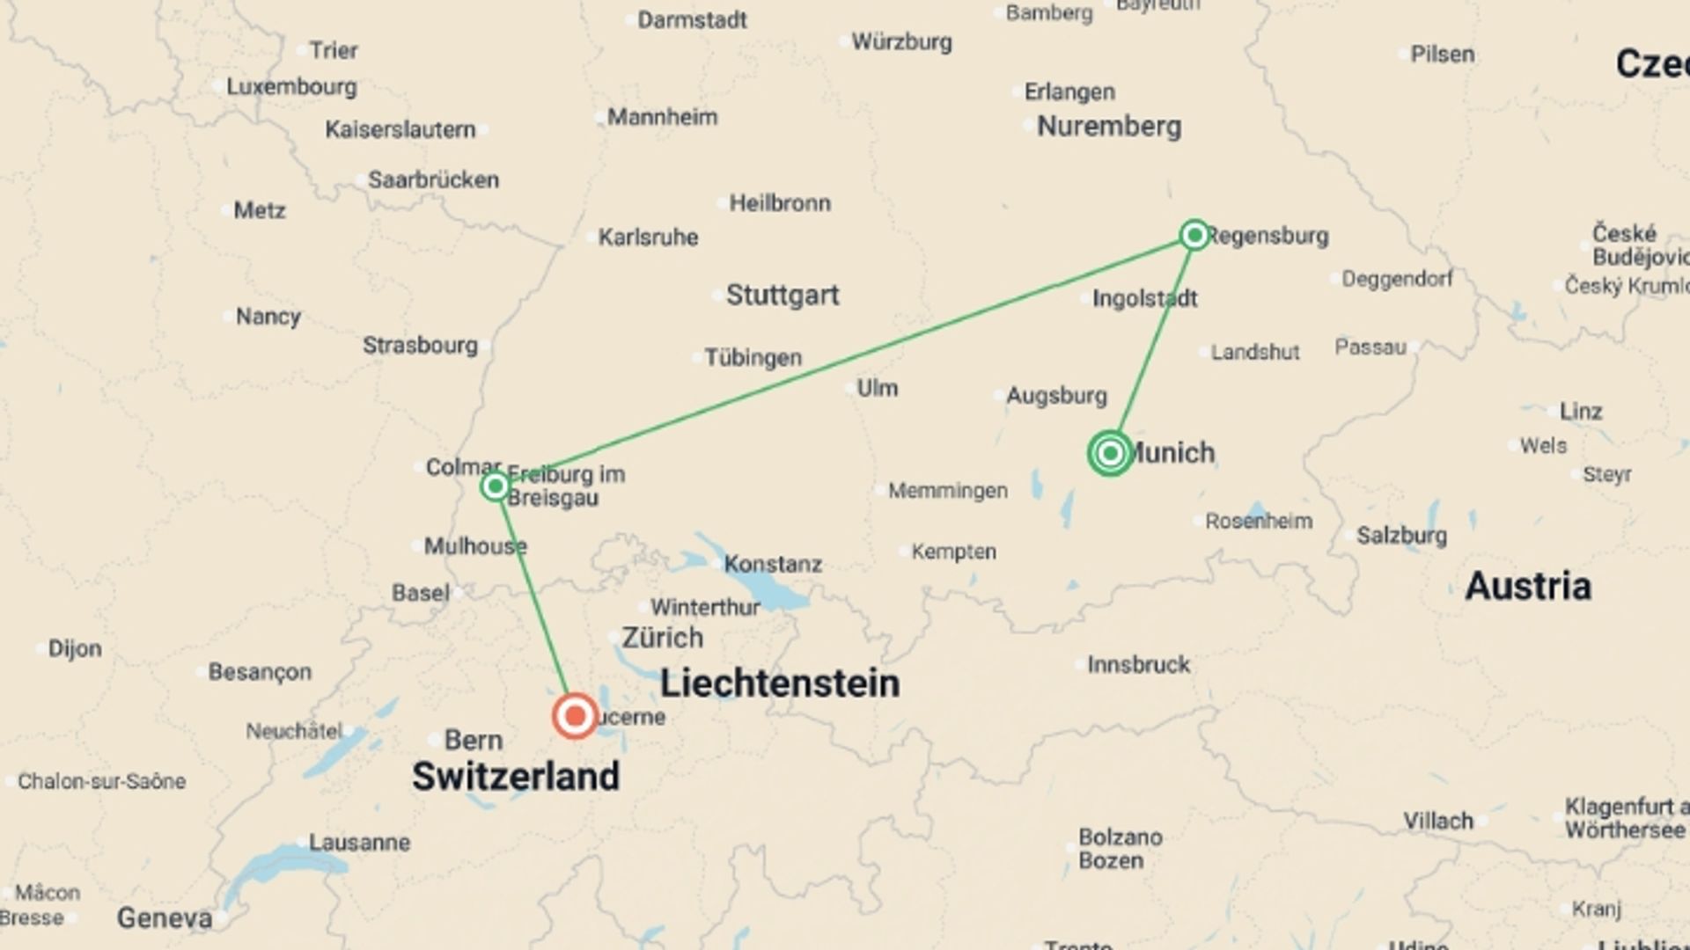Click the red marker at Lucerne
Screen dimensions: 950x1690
(x=575, y=715)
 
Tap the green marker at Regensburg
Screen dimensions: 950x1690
(x=1194, y=235)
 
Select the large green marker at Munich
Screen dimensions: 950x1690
(x=1110, y=453)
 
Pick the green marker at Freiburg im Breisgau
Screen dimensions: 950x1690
(x=496, y=486)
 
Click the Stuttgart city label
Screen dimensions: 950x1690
(x=782, y=296)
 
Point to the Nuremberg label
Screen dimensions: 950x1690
(x=1108, y=127)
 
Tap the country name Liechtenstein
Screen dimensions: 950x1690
(x=780, y=683)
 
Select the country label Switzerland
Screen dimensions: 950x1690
(x=516, y=777)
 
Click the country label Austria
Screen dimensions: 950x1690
(x=1527, y=587)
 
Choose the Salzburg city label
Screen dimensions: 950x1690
(x=1400, y=536)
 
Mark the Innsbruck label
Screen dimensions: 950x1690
(x=1137, y=665)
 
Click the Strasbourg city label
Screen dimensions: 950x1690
(x=420, y=346)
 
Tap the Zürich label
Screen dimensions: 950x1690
(x=662, y=638)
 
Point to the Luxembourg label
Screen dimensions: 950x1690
(x=291, y=87)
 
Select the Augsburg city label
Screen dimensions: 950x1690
(x=1055, y=396)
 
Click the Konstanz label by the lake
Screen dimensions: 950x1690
(x=772, y=564)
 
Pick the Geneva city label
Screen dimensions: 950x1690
(x=165, y=919)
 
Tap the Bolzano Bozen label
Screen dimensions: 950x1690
(x=1120, y=849)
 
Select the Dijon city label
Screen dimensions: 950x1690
(x=75, y=649)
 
